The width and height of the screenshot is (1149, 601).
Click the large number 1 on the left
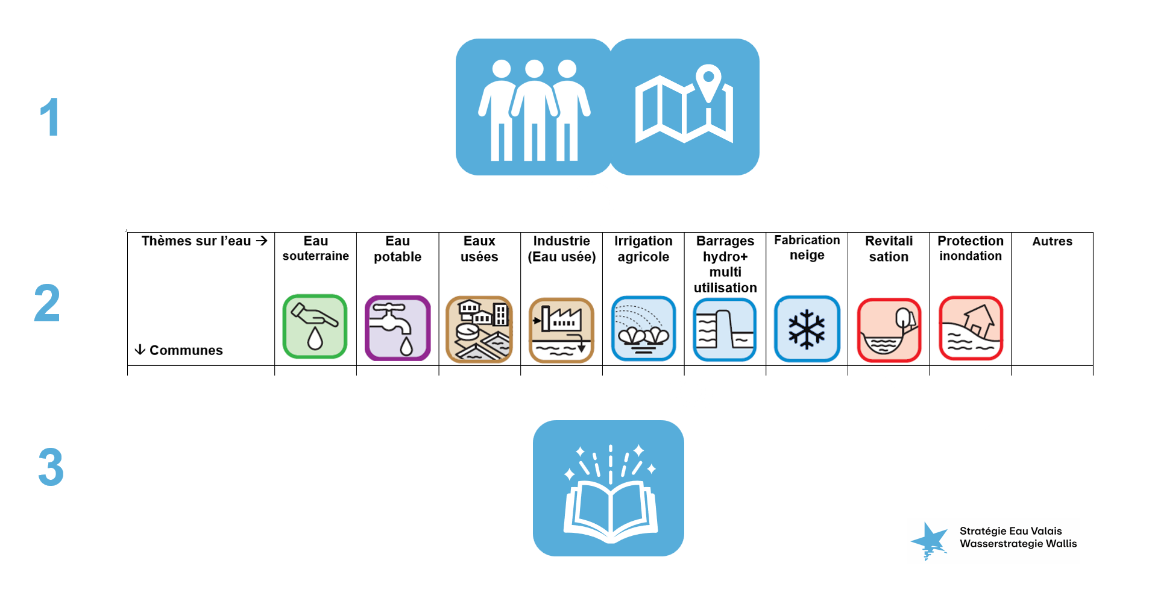tap(50, 118)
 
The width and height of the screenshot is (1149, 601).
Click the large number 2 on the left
tap(47, 303)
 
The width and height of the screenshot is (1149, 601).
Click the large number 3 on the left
tap(51, 467)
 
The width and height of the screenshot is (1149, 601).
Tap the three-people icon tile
tap(534, 107)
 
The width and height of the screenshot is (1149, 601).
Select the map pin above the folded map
tap(709, 81)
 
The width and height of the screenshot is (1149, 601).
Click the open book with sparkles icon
tap(609, 488)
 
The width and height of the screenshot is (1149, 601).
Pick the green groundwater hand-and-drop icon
tap(315, 327)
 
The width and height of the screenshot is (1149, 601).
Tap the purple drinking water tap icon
tap(397, 328)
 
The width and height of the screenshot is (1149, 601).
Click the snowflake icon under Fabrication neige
tap(807, 329)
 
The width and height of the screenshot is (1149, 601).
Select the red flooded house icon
tap(971, 329)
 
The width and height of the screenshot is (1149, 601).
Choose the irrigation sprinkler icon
tap(643, 329)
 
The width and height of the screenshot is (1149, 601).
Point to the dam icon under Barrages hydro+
tap(725, 330)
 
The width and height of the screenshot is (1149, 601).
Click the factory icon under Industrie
tap(561, 330)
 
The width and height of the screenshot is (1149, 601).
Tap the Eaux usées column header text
tap(479, 249)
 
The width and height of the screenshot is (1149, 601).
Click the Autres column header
tap(1052, 242)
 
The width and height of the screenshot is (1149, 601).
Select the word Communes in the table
tap(186, 350)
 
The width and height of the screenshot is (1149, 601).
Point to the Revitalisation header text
tap(889, 249)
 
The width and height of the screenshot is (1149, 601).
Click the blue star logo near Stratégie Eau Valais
tap(929, 540)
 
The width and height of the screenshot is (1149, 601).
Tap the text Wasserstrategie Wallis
tap(1018, 544)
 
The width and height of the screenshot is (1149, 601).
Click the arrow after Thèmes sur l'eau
tap(262, 241)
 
